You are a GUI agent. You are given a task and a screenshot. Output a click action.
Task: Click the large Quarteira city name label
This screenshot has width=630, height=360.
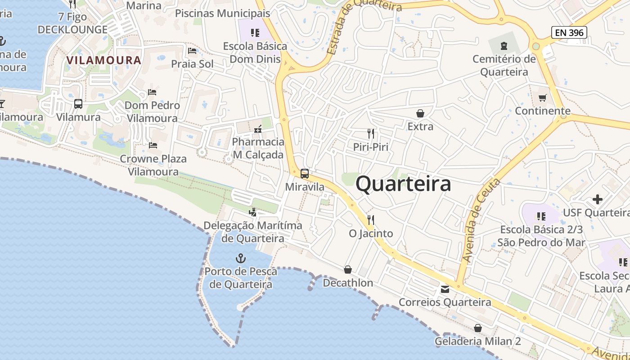pos(403,184)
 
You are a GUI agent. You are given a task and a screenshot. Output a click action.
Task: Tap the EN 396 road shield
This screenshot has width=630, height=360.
pos(569,32)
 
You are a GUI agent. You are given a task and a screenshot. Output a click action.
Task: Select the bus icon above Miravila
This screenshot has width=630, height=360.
pos(305,174)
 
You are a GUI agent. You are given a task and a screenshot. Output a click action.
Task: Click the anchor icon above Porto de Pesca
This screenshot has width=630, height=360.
pos(241,258)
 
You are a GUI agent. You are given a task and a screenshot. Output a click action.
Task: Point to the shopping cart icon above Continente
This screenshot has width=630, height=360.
pos(543,98)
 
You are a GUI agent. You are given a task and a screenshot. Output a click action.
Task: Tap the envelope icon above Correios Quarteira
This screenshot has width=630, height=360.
pos(445,289)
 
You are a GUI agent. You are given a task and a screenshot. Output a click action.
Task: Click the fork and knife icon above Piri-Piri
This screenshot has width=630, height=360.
pos(371,134)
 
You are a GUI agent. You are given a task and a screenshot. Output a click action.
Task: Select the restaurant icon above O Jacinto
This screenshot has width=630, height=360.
pos(371,220)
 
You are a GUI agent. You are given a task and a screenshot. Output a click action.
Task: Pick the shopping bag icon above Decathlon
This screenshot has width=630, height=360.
pos(348,270)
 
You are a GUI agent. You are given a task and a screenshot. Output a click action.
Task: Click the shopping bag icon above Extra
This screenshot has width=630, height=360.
pos(420,113)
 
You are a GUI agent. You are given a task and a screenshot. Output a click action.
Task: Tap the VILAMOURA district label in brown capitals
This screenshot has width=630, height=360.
pos(104,60)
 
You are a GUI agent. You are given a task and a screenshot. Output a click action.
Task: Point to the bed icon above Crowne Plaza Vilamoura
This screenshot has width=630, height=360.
pos(153,145)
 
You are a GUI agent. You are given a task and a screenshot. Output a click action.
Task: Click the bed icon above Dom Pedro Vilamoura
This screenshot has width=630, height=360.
pos(152,92)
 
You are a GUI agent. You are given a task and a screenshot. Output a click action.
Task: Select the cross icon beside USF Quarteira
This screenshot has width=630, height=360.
pos(598,199)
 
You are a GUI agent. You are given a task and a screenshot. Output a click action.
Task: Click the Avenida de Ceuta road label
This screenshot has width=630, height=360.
pos(481,220)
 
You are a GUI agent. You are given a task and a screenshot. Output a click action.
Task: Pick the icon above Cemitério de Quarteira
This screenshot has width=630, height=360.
pos(504,45)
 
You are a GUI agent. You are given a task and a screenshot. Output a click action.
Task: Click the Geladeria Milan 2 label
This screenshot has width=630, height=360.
pos(477,341)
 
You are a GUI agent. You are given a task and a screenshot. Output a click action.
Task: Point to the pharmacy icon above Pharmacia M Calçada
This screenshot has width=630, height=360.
pos(258,129)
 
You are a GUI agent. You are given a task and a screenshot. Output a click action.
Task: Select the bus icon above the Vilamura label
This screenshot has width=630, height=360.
pos(78,104)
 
